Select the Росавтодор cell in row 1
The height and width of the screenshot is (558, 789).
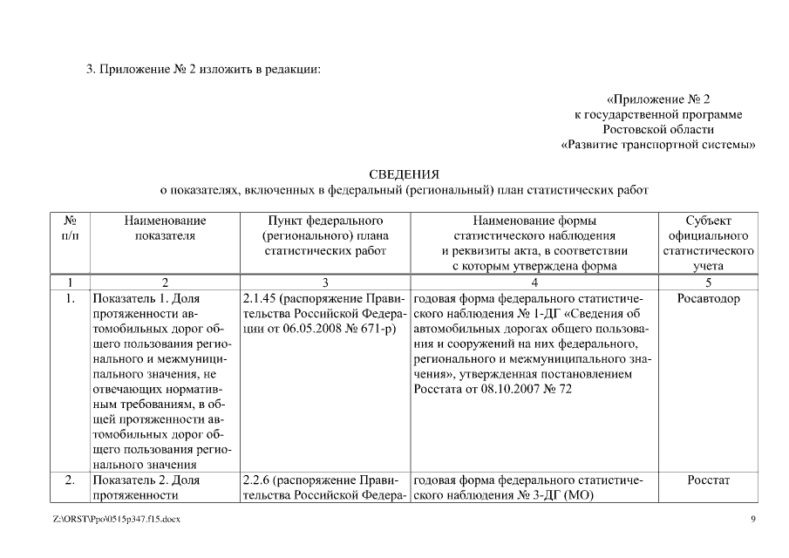708,299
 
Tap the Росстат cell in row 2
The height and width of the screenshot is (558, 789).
708,480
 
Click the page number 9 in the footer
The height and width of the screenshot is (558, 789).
753,521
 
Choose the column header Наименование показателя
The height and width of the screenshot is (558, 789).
165,228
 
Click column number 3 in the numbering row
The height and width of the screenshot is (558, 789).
324,282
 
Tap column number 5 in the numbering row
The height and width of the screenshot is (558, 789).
708,282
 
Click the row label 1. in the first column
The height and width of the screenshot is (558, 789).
71,299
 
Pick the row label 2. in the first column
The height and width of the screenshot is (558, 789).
71,480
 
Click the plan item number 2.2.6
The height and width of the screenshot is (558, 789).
257,480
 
